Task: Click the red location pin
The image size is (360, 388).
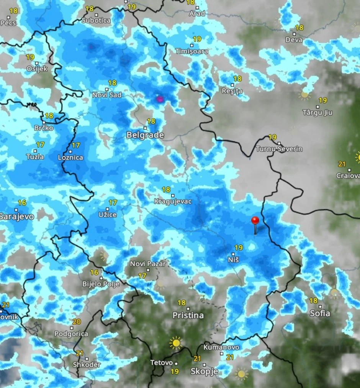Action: tap(255, 221)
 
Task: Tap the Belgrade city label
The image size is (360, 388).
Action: tap(145, 135)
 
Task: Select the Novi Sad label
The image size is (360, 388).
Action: tap(107, 94)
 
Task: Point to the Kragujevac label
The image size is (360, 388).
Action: tap(173, 201)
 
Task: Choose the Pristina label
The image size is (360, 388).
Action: tap(188, 315)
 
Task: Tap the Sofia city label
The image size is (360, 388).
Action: tap(320, 313)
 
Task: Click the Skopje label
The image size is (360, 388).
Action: tap(205, 371)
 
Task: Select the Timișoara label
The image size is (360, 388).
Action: tap(192, 51)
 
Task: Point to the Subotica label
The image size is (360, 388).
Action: tap(96, 20)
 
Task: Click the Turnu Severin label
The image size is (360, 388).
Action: tap(279, 149)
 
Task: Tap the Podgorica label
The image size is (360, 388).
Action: tap(71, 334)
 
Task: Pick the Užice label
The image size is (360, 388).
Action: tap(107, 215)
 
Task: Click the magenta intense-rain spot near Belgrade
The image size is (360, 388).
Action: tap(160, 99)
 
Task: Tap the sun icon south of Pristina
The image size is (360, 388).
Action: tap(176, 342)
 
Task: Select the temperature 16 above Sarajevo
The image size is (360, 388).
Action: tap(22, 203)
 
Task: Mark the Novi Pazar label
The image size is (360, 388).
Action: tap(148, 264)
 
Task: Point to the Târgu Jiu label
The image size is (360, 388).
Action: tap(317, 113)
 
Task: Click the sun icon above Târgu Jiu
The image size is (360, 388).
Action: tap(305, 94)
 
